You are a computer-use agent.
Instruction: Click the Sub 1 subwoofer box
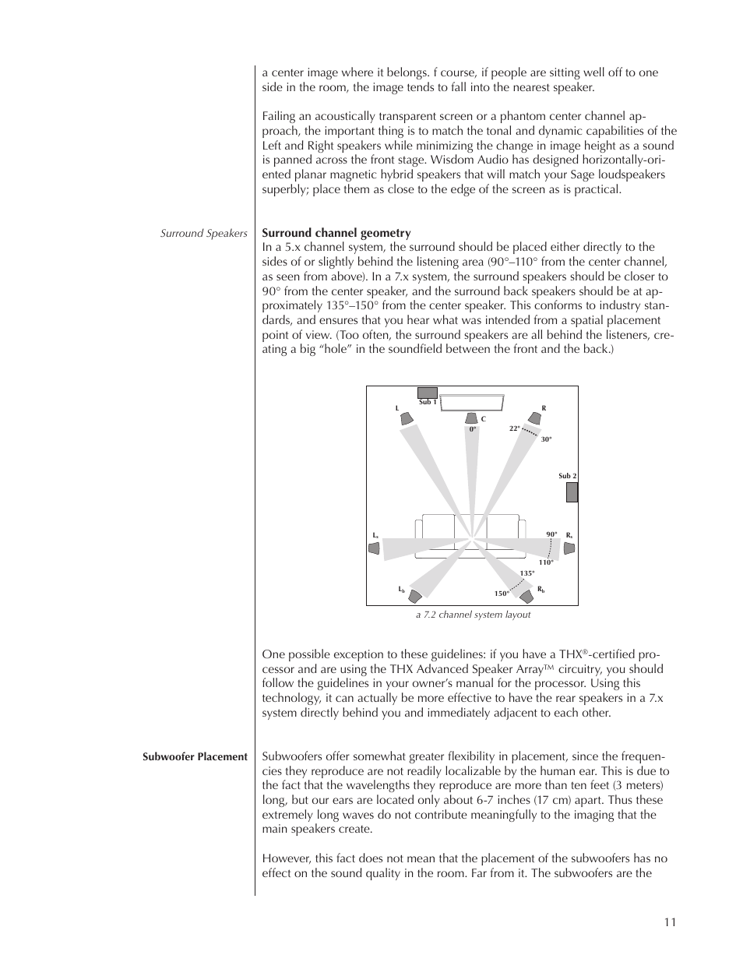coord(428,393)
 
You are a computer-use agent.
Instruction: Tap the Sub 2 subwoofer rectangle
coord(572,492)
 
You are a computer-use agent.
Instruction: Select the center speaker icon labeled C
coord(473,419)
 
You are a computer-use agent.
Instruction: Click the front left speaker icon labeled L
coord(405,419)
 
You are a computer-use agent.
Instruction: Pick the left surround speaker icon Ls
coord(374,548)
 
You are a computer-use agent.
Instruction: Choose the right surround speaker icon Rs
coord(569,548)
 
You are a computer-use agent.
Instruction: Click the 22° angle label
coord(514,428)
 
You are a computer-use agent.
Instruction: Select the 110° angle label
coord(545,562)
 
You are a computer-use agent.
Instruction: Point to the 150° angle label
coord(501,594)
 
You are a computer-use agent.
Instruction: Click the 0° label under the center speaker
coord(472,429)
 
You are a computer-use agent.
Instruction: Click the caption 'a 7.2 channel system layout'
coord(473,615)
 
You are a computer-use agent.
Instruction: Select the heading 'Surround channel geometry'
coord(336,233)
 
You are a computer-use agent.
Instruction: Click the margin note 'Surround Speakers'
coord(203,234)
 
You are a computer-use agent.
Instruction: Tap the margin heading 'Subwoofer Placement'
coord(195,756)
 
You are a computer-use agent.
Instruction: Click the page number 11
coord(670,922)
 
